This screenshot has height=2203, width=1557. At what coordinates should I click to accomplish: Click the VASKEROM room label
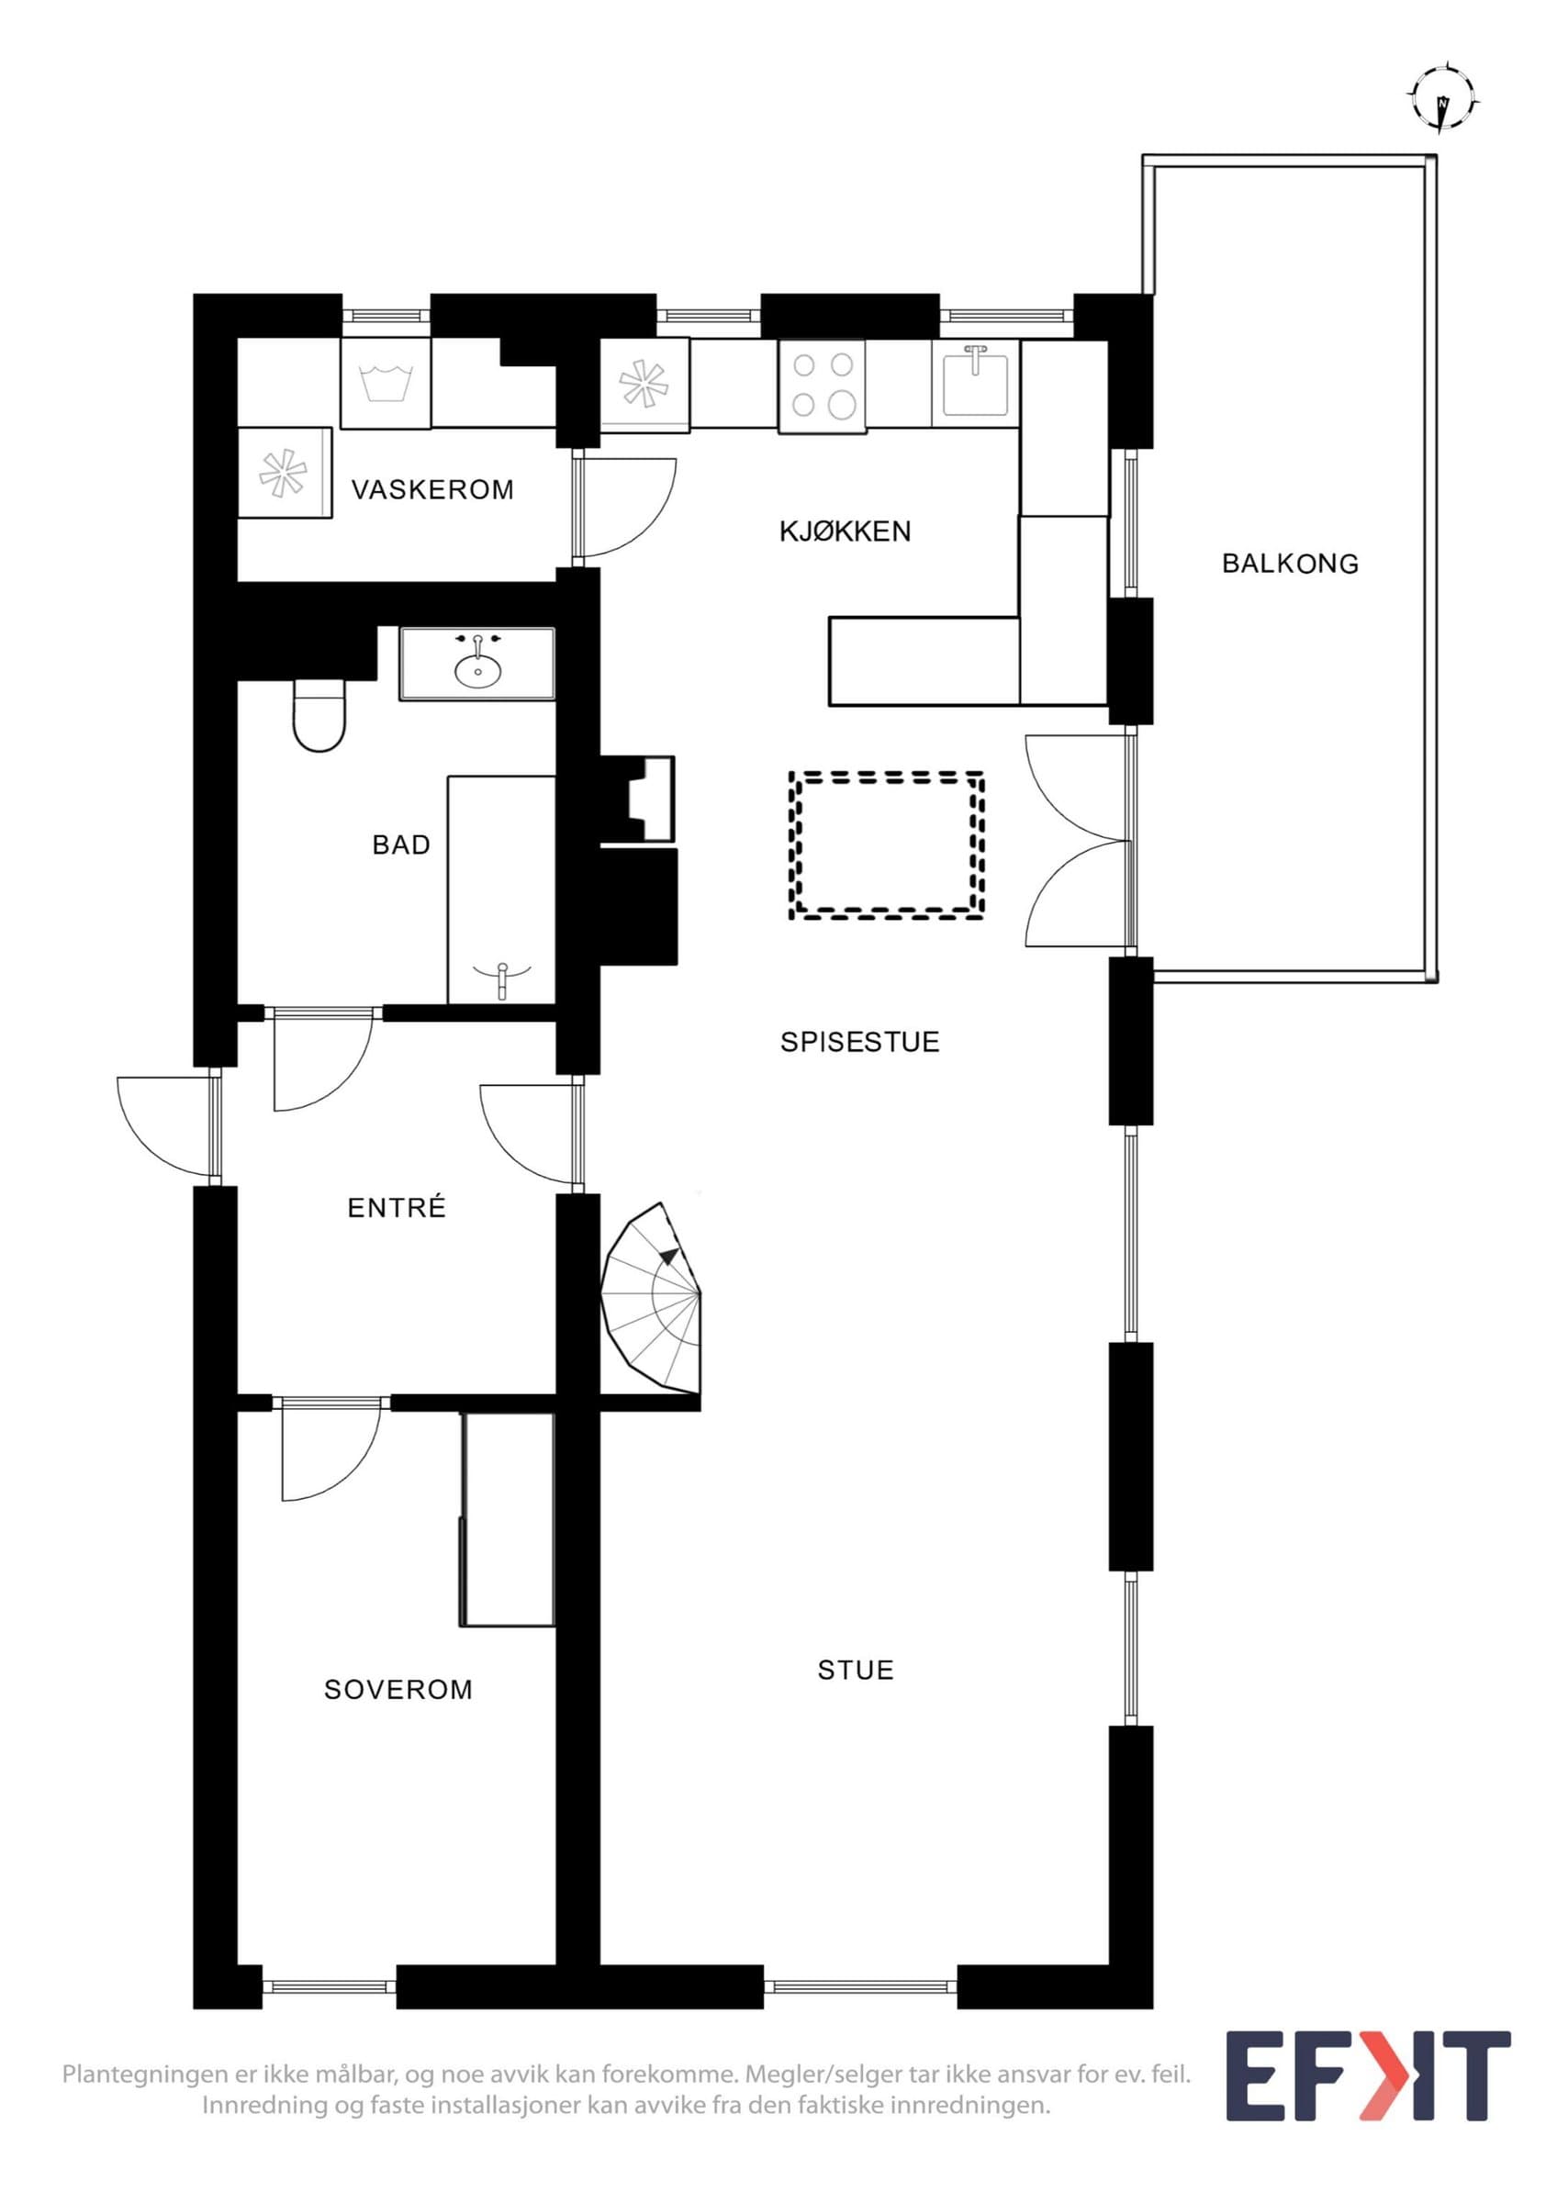(x=432, y=490)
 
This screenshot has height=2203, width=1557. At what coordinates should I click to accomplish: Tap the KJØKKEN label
(x=846, y=531)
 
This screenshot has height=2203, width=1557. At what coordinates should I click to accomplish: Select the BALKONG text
(x=1290, y=565)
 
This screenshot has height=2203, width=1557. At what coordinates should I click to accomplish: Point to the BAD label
(x=401, y=845)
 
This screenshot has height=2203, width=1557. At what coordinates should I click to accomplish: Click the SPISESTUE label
(x=859, y=1042)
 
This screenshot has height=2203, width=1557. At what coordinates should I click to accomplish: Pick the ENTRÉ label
(x=398, y=1207)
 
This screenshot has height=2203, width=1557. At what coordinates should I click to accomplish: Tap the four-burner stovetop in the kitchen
(x=823, y=386)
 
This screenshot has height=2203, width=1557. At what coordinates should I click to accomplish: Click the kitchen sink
(x=976, y=381)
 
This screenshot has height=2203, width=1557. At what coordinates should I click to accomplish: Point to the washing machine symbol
(x=386, y=383)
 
